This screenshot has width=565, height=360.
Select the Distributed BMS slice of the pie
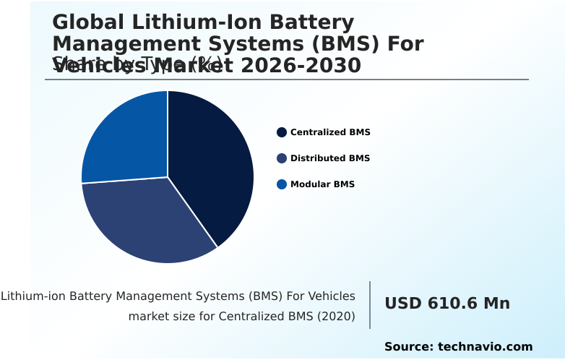click(148, 220)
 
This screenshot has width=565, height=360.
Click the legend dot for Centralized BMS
click(282, 132)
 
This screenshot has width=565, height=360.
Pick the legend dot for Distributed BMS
click(282, 158)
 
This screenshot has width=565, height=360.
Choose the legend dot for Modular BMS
click(282, 184)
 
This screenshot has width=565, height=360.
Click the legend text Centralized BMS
click(330, 132)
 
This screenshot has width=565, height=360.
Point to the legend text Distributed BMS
click(330, 158)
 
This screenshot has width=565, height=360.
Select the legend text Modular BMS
click(322, 184)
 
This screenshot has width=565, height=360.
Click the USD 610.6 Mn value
click(447, 304)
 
